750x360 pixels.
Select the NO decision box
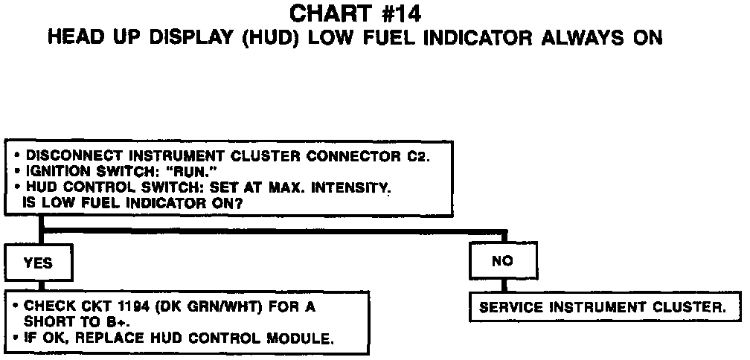(502, 261)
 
